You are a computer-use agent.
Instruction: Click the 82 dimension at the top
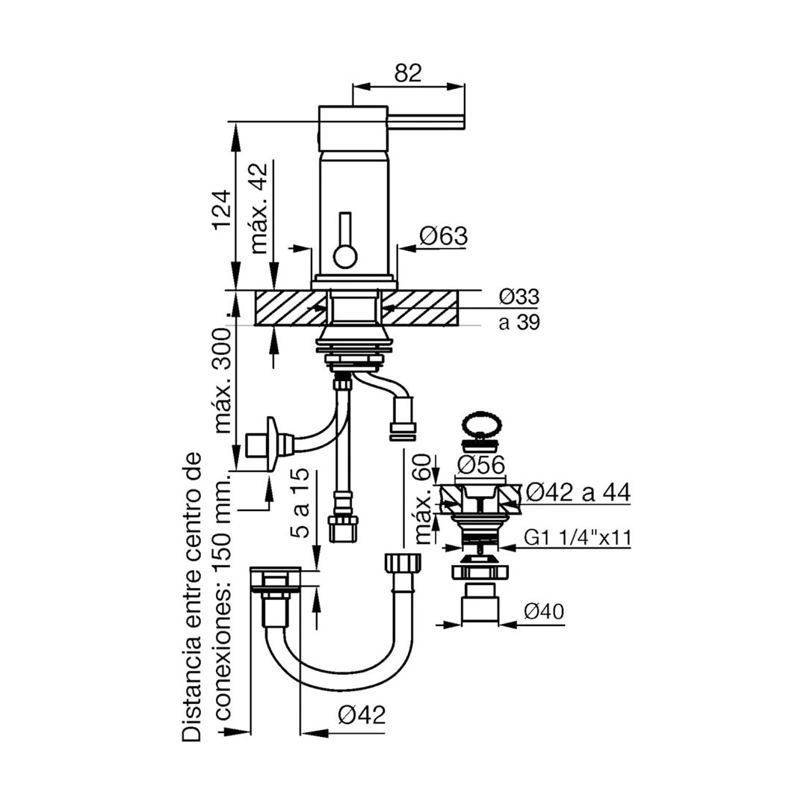click(408, 73)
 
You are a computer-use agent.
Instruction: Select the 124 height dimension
click(221, 211)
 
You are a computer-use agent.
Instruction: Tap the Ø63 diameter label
click(443, 236)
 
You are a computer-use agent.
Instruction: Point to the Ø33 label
click(519, 297)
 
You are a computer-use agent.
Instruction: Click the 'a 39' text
click(519, 322)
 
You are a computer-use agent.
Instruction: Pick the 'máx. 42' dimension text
click(260, 208)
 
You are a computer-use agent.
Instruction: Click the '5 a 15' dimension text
click(303, 503)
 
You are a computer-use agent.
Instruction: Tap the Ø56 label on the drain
click(480, 466)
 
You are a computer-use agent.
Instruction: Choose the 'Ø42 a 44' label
click(577, 493)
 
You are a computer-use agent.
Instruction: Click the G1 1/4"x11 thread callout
click(577, 538)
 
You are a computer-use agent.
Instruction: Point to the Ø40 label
click(543, 611)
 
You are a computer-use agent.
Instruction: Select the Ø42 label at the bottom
click(362, 714)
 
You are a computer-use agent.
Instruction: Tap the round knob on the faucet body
click(345, 256)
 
